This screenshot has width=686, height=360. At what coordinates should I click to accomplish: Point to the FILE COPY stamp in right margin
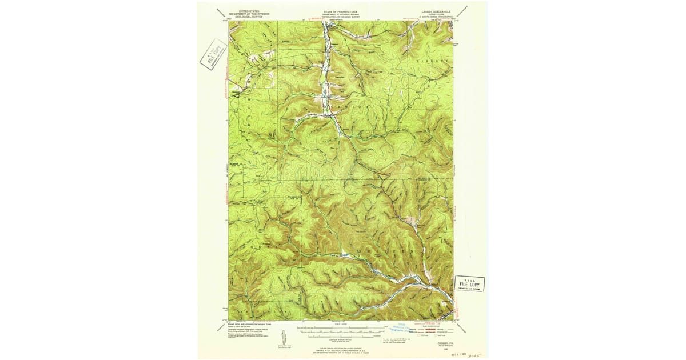(469, 284)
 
